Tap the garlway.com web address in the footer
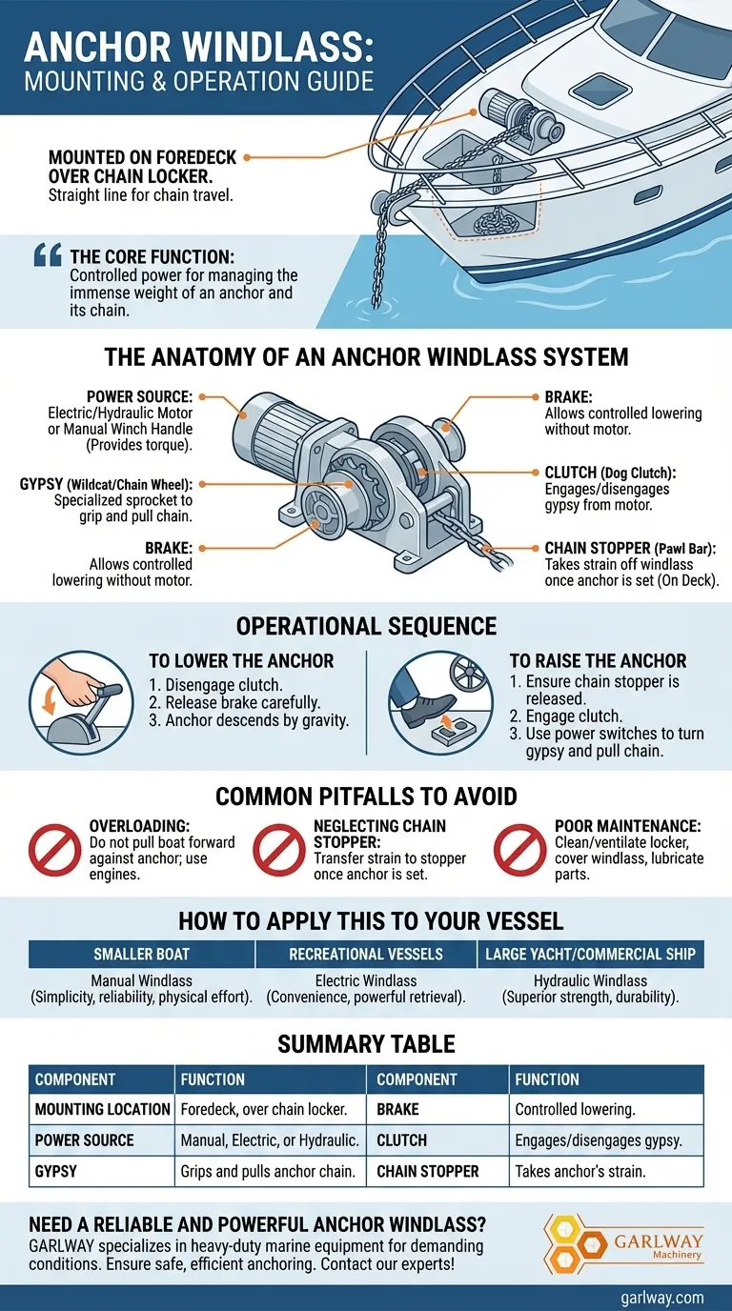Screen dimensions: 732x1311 click(661, 1297)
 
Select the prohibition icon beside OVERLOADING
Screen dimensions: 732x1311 click(55, 850)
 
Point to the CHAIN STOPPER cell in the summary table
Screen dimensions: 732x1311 click(428, 1171)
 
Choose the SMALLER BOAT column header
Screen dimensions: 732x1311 click(142, 954)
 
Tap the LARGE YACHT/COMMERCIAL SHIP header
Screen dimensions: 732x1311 click(590, 954)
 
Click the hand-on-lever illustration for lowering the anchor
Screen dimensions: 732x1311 click(81, 702)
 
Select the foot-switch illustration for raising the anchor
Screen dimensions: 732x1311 click(441, 702)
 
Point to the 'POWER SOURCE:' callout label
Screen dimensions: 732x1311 click(139, 396)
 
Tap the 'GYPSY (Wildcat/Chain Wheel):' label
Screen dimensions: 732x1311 click(106, 484)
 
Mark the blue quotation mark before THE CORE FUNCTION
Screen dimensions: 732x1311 click(48, 255)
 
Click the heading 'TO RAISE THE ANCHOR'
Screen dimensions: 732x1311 click(598, 661)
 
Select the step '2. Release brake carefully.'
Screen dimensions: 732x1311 click(234, 702)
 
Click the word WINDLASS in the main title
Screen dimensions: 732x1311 click(277, 47)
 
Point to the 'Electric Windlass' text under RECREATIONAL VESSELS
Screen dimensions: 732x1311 click(366, 980)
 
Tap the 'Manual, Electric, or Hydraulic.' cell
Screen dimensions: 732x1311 click(270, 1140)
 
